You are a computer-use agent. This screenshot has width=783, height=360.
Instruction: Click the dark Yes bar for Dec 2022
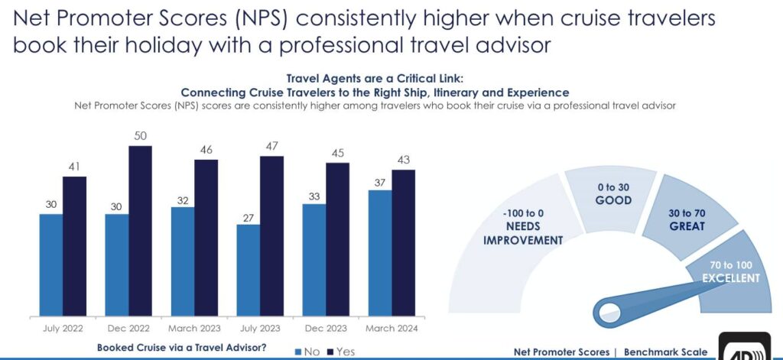click(x=140, y=231)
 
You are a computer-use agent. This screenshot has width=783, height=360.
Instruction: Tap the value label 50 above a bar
click(x=141, y=135)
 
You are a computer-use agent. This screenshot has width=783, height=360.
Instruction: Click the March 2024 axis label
click(x=392, y=328)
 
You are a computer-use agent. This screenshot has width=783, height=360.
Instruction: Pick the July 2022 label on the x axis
click(x=63, y=328)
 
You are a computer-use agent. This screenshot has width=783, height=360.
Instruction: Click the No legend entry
click(x=305, y=351)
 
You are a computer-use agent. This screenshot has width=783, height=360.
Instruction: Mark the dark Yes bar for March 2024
click(x=403, y=242)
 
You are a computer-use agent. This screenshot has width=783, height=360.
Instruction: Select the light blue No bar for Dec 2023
click(x=314, y=259)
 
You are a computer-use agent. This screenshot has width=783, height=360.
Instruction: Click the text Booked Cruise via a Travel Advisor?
click(x=181, y=348)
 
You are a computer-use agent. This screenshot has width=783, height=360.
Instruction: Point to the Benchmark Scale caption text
click(x=665, y=352)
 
